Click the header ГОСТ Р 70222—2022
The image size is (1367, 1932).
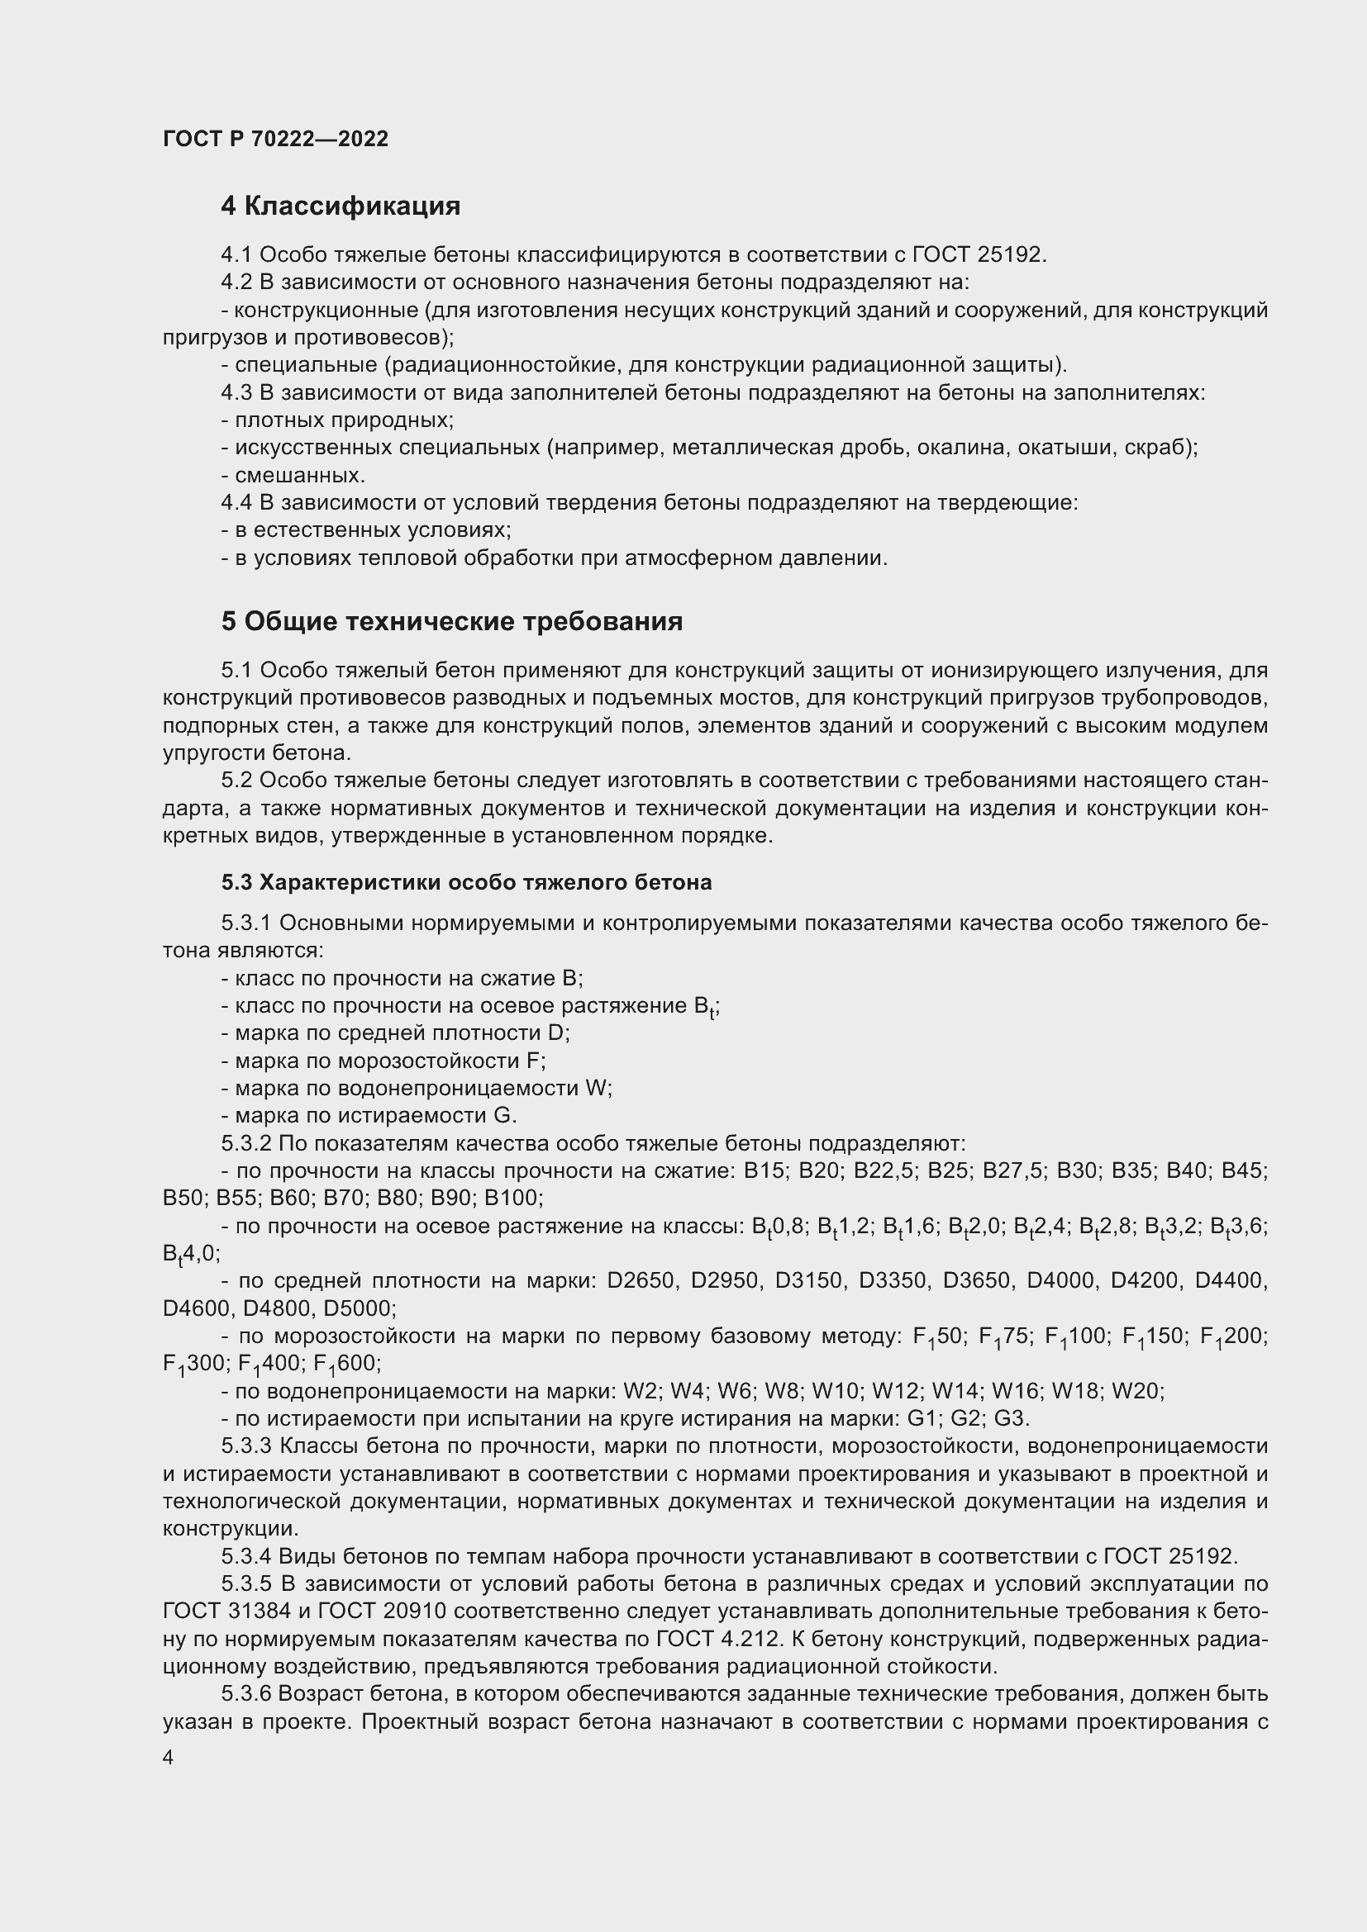pyautogui.click(x=275, y=140)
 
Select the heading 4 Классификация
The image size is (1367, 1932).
pyautogui.click(x=340, y=206)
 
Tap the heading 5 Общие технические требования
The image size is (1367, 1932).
pyautogui.click(x=451, y=622)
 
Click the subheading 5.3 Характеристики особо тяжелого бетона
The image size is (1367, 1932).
pyautogui.click(x=466, y=882)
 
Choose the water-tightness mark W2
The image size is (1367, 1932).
pyautogui.click(x=638, y=1391)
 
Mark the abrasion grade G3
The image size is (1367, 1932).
pyautogui.click(x=1010, y=1419)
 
